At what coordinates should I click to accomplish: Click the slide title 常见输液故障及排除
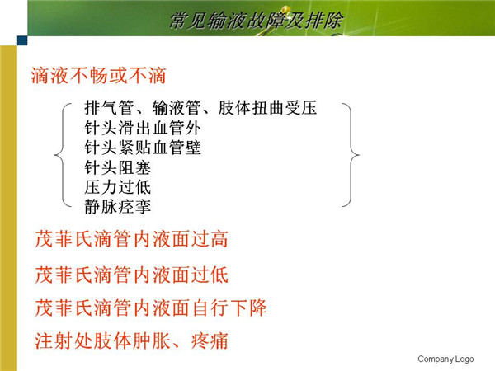pyautogui.click(x=256, y=21)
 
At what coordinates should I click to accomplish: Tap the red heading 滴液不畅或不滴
pyautogui.click(x=98, y=76)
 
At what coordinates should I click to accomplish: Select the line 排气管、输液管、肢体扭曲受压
pyautogui.click(x=200, y=108)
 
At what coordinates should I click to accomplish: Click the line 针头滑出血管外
pyautogui.click(x=143, y=128)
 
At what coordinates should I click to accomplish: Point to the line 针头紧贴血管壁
pyautogui.click(x=143, y=148)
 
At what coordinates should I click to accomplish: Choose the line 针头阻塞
pyautogui.click(x=117, y=167)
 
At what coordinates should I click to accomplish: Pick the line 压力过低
pyautogui.click(x=117, y=187)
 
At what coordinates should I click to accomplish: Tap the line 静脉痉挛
pyautogui.click(x=117, y=207)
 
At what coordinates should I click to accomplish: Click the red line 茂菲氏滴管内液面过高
pyautogui.click(x=131, y=239)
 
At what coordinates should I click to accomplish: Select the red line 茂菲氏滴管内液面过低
pyautogui.click(x=131, y=275)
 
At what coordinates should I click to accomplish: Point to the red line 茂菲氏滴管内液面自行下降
pyautogui.click(x=151, y=308)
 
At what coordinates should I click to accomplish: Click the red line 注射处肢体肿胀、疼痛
pyautogui.click(x=131, y=340)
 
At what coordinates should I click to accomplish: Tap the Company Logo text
pyautogui.click(x=445, y=359)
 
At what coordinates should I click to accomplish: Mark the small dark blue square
pyautogui.click(x=22, y=40)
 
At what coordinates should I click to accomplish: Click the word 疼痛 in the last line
pyautogui.click(x=210, y=340)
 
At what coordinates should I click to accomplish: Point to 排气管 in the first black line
pyautogui.click(x=109, y=108)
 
